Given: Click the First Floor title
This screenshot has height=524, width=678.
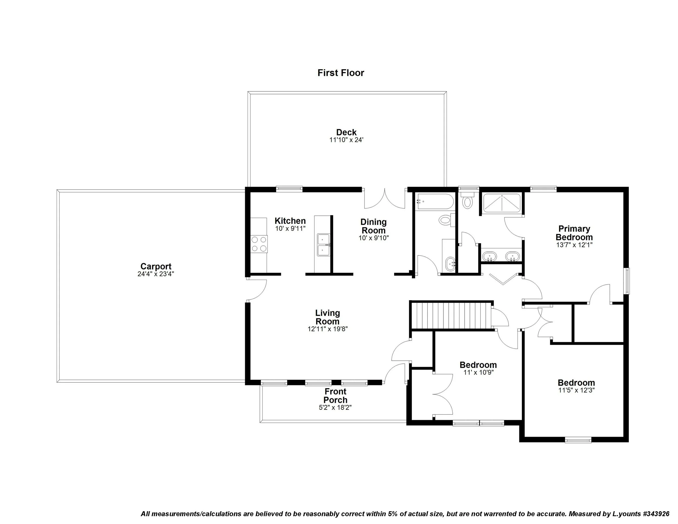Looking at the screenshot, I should point(341,73).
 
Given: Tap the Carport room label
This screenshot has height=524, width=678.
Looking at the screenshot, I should point(156,266).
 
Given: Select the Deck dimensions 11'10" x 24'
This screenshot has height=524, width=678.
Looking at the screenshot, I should point(346,140).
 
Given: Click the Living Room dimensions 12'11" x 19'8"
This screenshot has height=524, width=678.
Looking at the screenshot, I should point(328,329).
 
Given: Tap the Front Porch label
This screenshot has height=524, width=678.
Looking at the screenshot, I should point(335,395).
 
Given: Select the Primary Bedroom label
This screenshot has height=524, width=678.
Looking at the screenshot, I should point(574,233).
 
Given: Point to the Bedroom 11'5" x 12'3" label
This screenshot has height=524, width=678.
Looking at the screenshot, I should point(576,382).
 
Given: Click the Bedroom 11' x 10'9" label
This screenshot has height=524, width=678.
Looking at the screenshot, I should point(478,365).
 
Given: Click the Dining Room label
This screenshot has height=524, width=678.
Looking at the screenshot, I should point(373,226).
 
